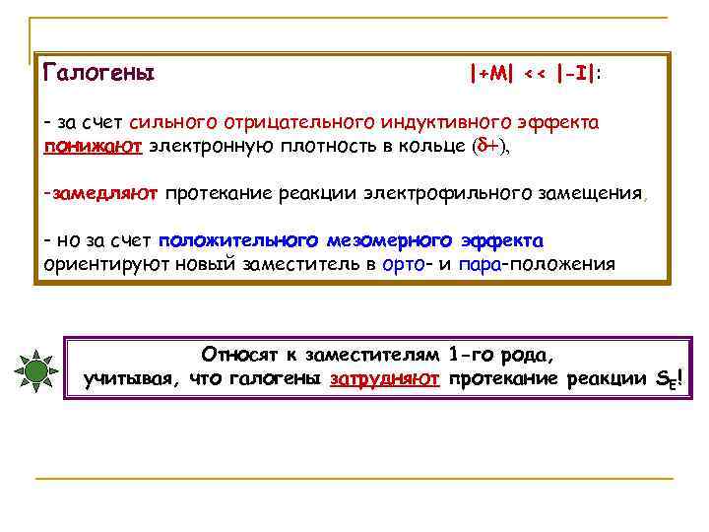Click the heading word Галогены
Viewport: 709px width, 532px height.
[99, 73]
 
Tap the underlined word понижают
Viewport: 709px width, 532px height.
[95, 147]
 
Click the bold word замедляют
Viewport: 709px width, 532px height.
[105, 194]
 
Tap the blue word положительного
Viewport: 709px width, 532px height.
[235, 241]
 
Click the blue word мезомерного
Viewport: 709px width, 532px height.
[386, 241]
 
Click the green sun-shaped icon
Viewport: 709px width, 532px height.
[36, 370]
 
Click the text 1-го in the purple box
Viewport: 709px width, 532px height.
[470, 355]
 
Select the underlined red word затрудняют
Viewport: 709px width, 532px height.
[385, 379]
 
